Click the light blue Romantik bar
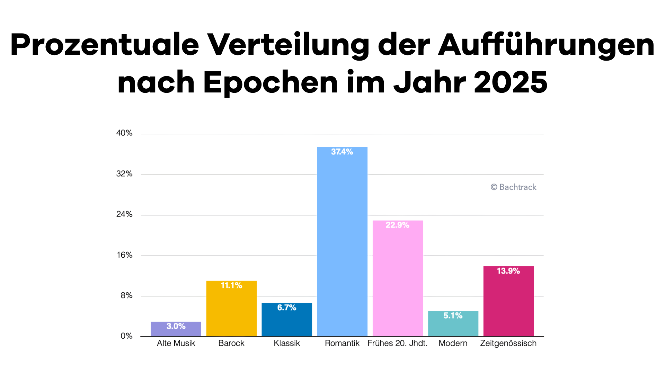tap(342, 242)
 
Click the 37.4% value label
tap(342, 152)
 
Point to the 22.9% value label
tap(397, 225)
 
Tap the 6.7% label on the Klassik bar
tap(287, 308)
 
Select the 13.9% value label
tap(508, 271)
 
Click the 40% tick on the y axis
tap(124, 133)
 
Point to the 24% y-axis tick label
tap(124, 214)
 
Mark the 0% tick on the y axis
tap(126, 336)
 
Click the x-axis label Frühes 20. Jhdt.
tap(397, 343)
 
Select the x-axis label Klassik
tap(287, 343)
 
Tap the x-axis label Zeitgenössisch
tap(508, 343)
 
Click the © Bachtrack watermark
tap(513, 187)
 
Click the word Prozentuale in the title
tap(105, 45)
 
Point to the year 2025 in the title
tap(511, 82)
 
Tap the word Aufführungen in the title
tap(546, 45)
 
